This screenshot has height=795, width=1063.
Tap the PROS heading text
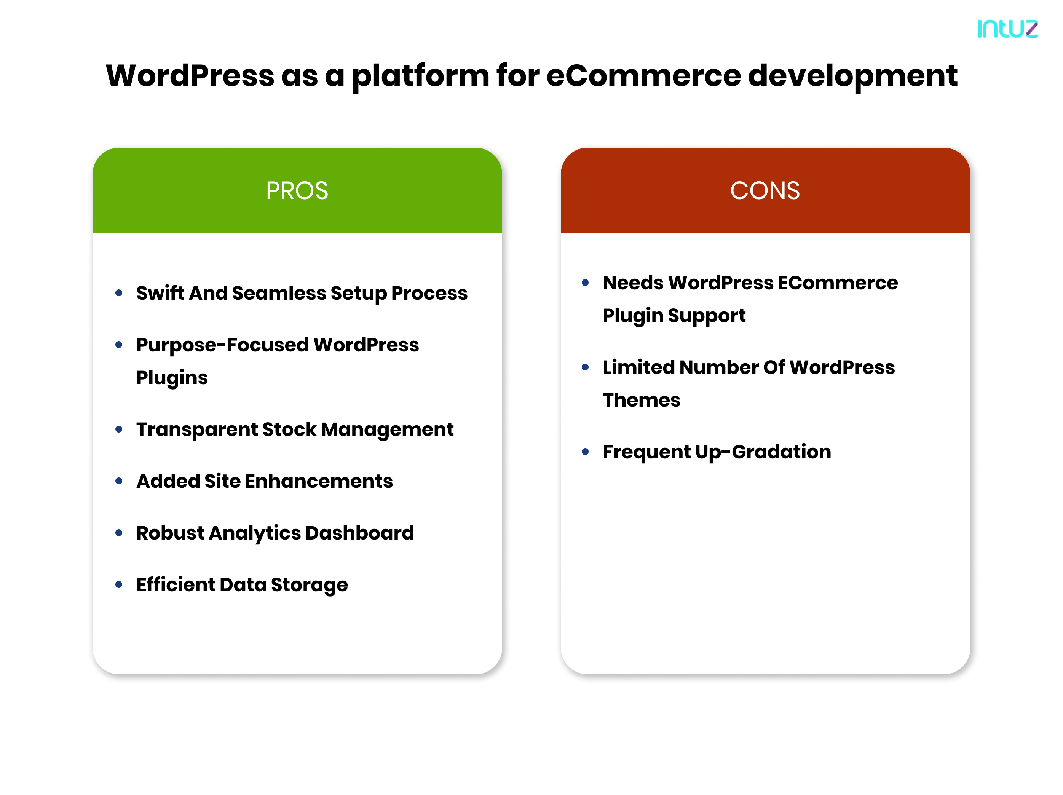coord(297,191)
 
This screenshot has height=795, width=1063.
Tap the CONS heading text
coord(765,191)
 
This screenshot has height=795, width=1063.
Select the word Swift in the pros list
coord(160,293)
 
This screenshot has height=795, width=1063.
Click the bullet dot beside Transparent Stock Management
coord(119,429)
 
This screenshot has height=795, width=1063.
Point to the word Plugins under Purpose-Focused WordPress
coord(172,378)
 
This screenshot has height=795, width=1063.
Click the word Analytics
coord(255,533)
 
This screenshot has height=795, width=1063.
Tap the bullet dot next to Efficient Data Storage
coord(119,584)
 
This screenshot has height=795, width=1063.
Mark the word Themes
coord(641,400)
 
